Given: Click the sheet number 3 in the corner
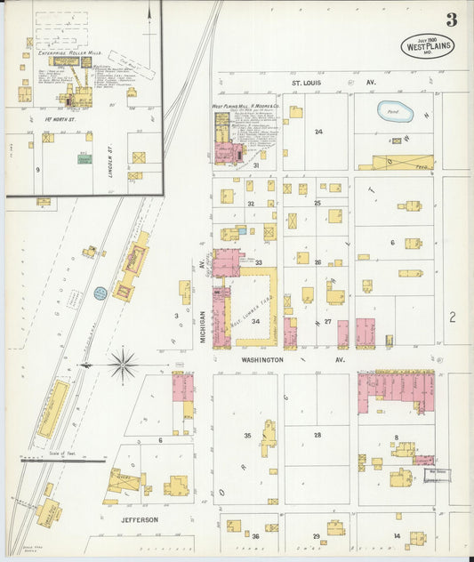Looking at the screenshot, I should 452,20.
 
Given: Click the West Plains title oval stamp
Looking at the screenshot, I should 427,46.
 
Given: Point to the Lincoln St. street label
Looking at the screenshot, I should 111,156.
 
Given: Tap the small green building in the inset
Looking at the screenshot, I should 84,158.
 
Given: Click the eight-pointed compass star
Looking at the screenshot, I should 122,363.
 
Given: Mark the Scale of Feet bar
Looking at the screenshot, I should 62,460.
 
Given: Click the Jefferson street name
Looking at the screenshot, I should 140,519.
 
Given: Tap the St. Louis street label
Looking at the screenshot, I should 307,83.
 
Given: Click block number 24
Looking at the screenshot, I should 317,132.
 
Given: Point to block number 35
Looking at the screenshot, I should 247,435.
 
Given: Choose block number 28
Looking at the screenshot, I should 317,435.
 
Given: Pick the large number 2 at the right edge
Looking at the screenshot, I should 452,316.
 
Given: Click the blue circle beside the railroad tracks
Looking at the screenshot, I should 100,293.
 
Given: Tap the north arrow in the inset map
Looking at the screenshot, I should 149,12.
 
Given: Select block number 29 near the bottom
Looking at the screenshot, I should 316,535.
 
